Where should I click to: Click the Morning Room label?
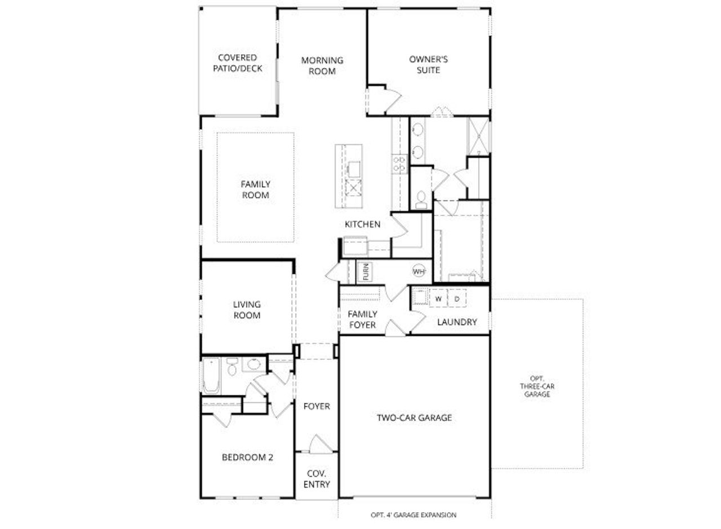tap(322, 66)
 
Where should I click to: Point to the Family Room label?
tap(256, 189)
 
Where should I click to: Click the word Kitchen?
tap(363, 224)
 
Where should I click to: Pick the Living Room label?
tap(247, 310)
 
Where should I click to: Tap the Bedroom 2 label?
tap(247, 457)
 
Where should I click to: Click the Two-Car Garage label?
tap(415, 418)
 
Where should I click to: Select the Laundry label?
tap(457, 322)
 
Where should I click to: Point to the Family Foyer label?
tap(362, 319)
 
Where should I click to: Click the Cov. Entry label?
tap(318, 479)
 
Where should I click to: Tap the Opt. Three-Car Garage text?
tap(537, 386)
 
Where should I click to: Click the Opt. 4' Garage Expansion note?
tap(413, 515)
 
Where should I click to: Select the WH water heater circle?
tap(419, 272)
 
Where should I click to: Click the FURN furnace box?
tap(365, 272)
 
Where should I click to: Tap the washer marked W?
tap(438, 298)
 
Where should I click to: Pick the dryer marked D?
tap(457, 298)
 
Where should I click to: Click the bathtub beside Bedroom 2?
tap(211, 375)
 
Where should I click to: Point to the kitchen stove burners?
tap(399, 164)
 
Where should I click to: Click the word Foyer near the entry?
tap(317, 406)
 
